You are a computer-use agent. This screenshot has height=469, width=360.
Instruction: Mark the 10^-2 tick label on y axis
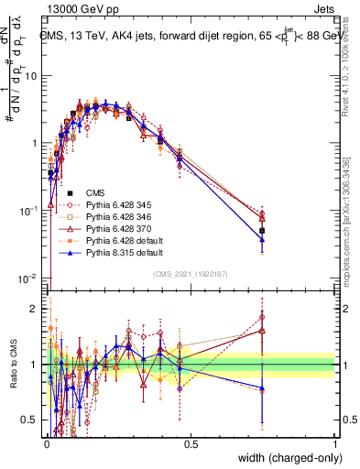[x=28, y=278]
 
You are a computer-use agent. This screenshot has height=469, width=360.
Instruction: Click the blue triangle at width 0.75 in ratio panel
[x=263, y=388]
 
